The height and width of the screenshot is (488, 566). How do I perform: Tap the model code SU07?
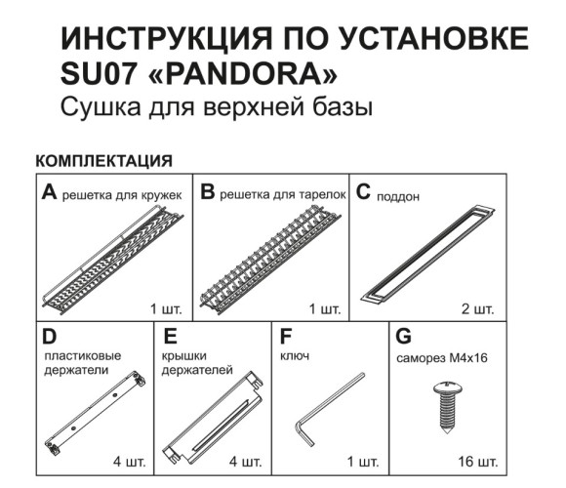point(99,75)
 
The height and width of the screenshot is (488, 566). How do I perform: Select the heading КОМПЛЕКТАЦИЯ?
point(104,161)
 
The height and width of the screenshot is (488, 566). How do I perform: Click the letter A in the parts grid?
point(50,192)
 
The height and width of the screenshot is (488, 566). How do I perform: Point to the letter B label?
point(208,191)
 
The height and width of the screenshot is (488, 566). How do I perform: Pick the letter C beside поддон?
point(363,191)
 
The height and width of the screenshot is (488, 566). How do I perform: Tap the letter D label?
point(50,337)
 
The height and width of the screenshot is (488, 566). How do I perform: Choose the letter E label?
point(170,337)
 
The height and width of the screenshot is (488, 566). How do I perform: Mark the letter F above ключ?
point(286,337)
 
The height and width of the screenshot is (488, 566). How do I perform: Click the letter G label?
point(403,337)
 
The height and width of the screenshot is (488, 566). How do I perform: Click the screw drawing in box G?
point(448,407)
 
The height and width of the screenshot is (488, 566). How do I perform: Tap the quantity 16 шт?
point(478,462)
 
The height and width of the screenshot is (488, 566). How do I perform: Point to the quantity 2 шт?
point(477,309)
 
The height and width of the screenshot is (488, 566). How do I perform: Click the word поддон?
point(398,197)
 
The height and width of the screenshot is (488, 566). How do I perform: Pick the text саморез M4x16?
point(442,358)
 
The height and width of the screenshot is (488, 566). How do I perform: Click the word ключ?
point(295,356)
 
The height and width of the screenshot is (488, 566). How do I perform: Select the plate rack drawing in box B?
point(270,260)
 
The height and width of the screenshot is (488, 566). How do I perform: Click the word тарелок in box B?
point(322,195)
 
